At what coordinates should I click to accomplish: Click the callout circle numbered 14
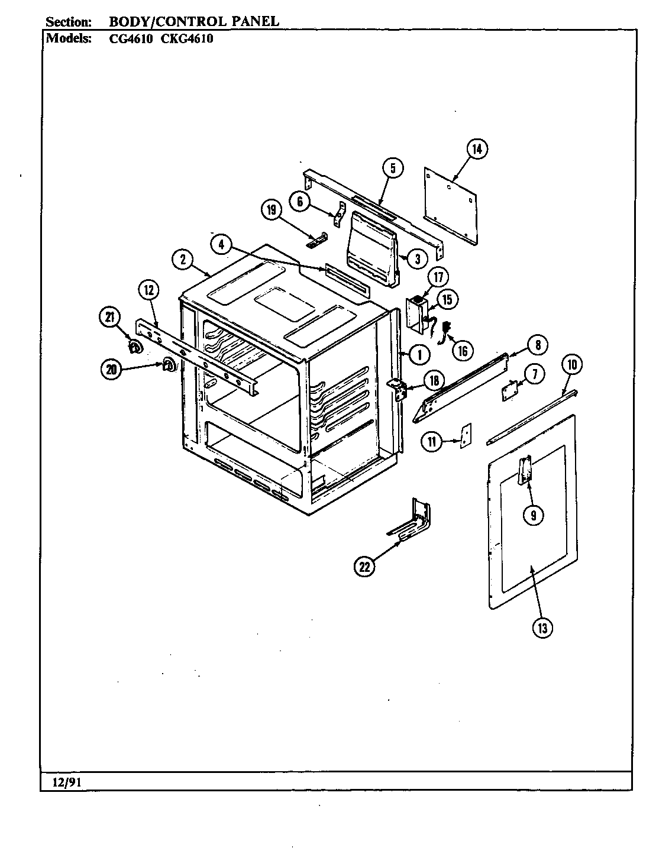pyautogui.click(x=477, y=149)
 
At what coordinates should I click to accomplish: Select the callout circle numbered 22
pyautogui.click(x=364, y=567)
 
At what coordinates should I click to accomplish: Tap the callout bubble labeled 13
pyautogui.click(x=542, y=628)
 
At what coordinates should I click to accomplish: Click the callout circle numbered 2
pyautogui.click(x=183, y=258)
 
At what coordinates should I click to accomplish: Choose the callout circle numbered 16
pyautogui.click(x=462, y=351)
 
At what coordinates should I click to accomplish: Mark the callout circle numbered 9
pyautogui.click(x=533, y=515)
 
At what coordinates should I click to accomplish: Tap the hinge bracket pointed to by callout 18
pyautogui.click(x=399, y=391)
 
